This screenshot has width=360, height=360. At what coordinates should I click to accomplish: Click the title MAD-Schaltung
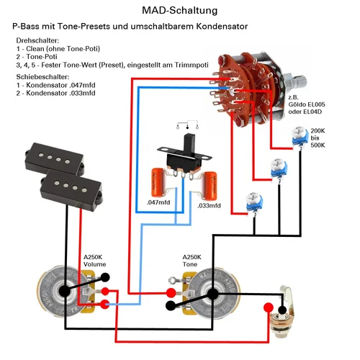180,11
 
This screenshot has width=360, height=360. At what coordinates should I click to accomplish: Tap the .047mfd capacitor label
158,202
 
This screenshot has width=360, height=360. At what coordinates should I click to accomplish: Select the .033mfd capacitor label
209,206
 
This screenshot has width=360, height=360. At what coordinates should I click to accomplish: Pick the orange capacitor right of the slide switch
210,185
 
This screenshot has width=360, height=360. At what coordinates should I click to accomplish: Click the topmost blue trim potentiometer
300,137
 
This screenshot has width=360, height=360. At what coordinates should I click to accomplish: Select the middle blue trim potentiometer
279,169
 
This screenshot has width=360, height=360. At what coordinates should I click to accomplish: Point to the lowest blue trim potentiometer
254,203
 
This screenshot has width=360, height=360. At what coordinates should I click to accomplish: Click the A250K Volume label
94,261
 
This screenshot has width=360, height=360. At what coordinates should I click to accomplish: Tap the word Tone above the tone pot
190,264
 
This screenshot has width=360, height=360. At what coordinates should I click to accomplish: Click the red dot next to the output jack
269,307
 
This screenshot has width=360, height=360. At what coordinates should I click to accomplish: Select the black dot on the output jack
282,310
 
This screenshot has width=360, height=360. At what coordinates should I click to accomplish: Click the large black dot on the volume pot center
65,291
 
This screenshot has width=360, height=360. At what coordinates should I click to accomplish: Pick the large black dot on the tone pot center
212,294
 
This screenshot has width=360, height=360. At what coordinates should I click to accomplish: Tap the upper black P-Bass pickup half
55,158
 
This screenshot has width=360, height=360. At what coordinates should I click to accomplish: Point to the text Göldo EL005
307,104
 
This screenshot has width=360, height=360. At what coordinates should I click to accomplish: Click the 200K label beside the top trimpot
318,131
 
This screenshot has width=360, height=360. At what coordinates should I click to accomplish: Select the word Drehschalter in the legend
37,40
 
